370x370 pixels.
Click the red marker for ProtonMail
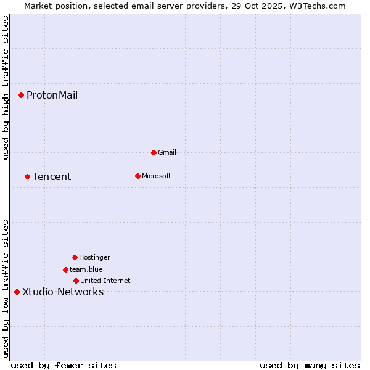point(21,95)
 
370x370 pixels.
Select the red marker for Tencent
point(27,176)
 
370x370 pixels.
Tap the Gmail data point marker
point(154,152)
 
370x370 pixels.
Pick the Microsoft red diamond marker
point(138,176)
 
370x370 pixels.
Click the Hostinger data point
point(75,257)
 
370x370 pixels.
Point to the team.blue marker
point(65,269)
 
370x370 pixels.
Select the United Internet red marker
point(76,281)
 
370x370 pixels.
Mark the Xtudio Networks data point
point(17,292)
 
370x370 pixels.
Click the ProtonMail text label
point(52,95)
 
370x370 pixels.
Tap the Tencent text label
point(52,176)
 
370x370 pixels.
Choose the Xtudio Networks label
point(63,292)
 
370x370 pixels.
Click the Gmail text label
point(167,152)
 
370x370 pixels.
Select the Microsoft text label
point(157,176)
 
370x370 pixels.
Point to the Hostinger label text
point(94,257)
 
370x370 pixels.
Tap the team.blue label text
point(86,269)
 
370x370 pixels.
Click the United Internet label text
point(105,281)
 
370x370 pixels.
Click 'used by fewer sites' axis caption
point(64,365)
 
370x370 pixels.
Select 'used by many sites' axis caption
point(310,365)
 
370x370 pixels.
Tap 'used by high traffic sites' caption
point(6,88)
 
